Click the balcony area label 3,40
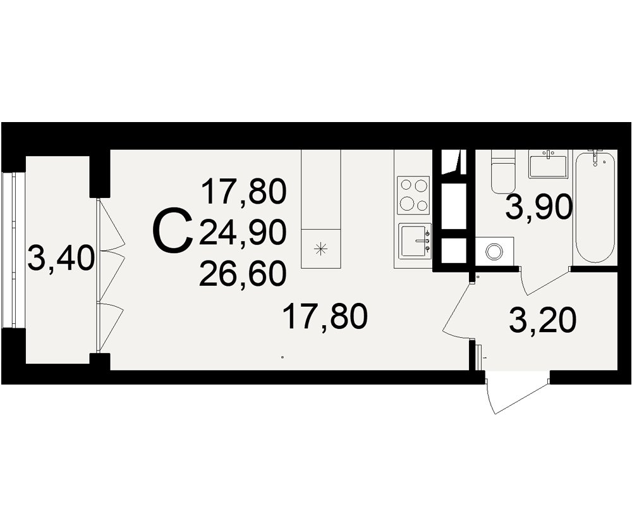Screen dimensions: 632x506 tap(61, 259)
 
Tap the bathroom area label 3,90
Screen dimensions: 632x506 tap(538, 207)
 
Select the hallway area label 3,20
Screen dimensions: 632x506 tap(542, 321)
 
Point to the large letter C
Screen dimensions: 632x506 tap(172, 232)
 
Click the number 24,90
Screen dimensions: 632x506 tap(242, 234)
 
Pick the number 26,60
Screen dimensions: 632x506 tap(242, 274)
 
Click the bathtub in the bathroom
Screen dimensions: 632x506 tap(595, 207)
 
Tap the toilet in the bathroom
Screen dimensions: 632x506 tap(503, 171)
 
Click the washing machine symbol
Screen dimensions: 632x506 tap(495, 251)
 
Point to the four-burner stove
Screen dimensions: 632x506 tap(413, 195)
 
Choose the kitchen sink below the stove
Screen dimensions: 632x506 tap(415, 241)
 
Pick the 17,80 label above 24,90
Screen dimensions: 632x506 tap(244, 192)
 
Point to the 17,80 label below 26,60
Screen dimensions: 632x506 tap(325, 316)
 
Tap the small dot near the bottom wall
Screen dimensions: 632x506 tap(282, 357)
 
